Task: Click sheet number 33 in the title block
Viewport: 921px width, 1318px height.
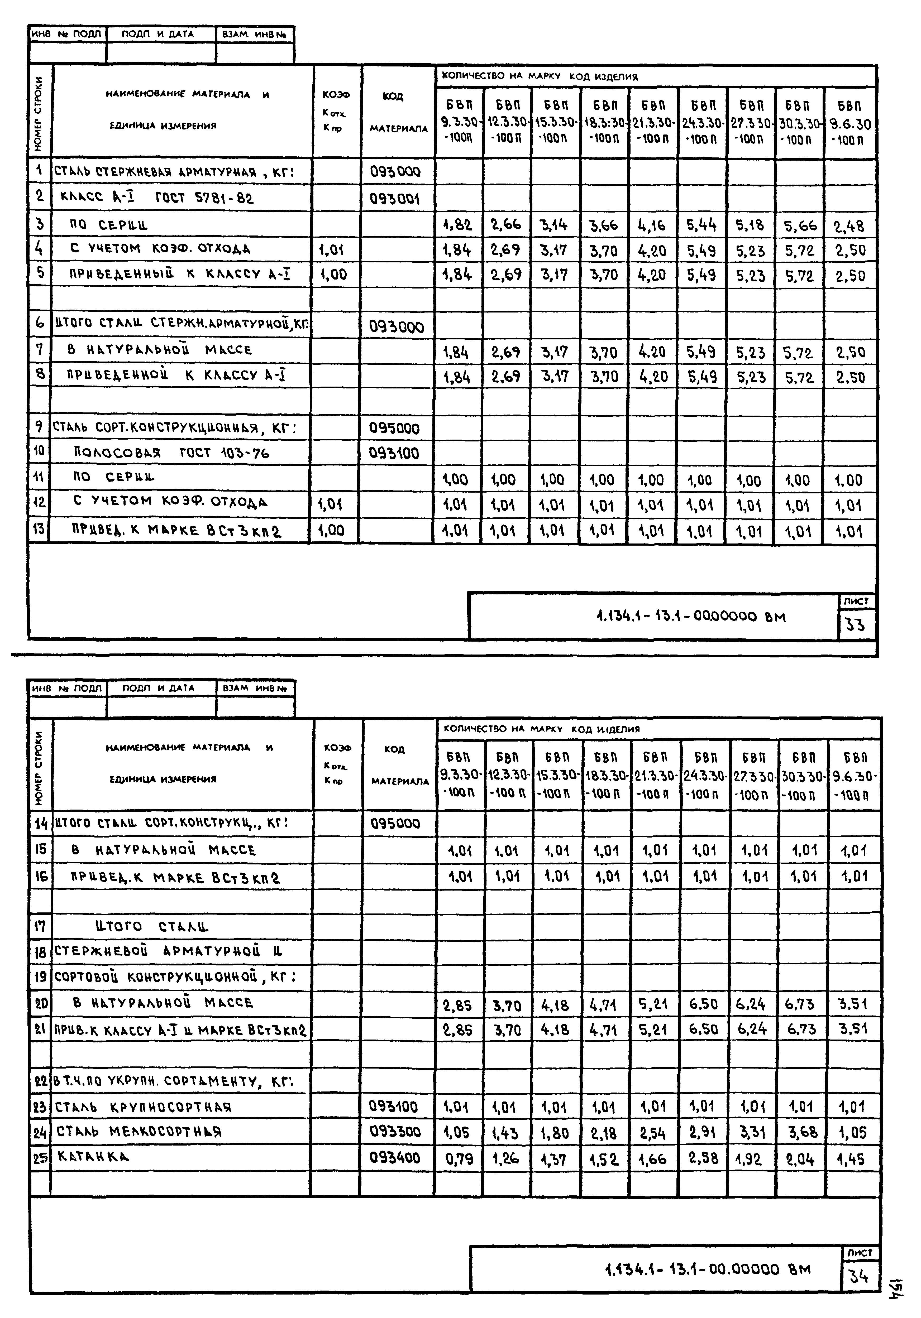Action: click(855, 624)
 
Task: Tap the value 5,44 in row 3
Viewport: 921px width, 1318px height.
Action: click(701, 225)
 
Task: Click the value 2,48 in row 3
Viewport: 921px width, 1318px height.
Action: click(849, 226)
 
